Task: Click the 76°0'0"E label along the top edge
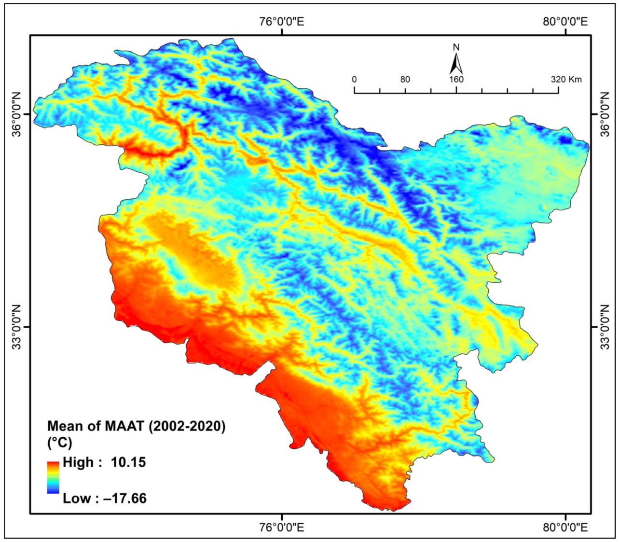[x=282, y=22]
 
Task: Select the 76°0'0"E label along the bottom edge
[x=282, y=527]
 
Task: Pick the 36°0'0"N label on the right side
[x=605, y=114]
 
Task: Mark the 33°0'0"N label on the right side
[x=605, y=327]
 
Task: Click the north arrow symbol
[x=456, y=63]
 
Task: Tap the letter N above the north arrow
[x=456, y=47]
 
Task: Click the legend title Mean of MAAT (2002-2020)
[x=137, y=427]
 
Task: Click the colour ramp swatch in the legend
[x=53, y=477]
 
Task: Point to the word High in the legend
[x=79, y=462]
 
